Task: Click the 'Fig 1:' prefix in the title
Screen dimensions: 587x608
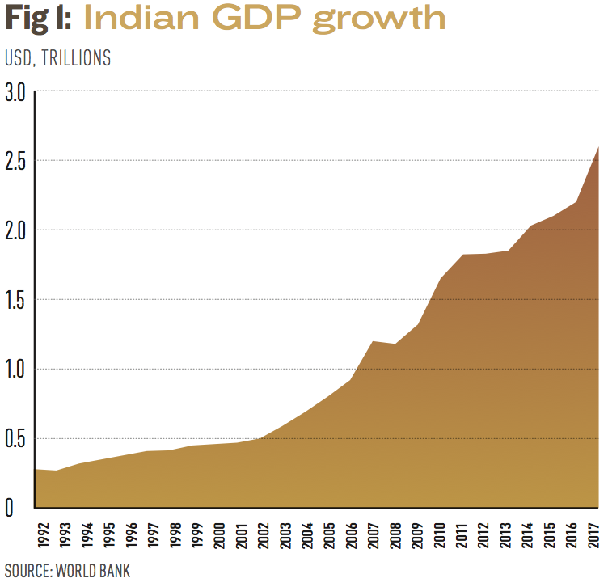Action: [38, 19]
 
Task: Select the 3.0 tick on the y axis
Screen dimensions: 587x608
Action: [15, 92]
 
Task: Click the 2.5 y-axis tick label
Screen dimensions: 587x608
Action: [15, 161]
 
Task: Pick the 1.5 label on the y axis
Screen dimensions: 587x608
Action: [15, 300]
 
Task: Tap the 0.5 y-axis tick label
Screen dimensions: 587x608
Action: [15, 439]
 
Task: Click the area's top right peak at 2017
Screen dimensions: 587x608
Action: [598, 147]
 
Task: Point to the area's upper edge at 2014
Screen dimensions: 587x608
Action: [530, 226]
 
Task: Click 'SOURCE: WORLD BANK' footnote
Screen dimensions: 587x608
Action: [67, 570]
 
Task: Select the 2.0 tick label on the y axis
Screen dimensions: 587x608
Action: [15, 230]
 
